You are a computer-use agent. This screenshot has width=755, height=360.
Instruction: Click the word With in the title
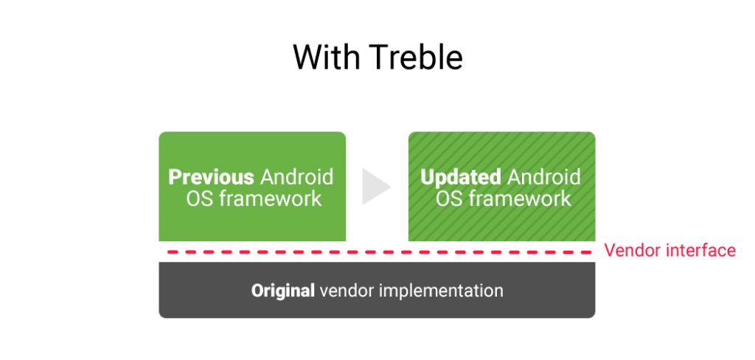point(328,57)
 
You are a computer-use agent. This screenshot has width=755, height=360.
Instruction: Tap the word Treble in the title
point(417,57)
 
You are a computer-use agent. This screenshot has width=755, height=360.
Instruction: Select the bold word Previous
point(211,177)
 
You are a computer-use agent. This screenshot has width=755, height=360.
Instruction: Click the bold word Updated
point(461,178)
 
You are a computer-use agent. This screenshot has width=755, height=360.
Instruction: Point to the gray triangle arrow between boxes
point(375,187)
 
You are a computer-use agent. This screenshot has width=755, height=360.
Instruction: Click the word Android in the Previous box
point(296,177)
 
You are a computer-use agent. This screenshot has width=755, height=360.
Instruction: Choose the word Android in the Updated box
point(544,177)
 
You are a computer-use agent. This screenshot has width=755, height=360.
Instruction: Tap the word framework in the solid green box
point(270,198)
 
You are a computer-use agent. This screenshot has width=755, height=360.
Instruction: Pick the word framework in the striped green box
point(520,198)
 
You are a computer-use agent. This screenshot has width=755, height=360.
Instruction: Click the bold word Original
point(282,291)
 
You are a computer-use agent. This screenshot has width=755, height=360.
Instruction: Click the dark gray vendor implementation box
point(377,290)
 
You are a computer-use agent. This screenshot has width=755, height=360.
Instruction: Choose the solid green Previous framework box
point(252,187)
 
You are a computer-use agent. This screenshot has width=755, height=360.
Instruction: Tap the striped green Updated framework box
point(501,187)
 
